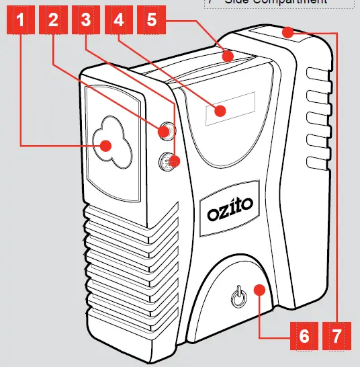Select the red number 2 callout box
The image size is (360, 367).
coord(53,21)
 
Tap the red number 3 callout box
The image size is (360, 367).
coord(85,21)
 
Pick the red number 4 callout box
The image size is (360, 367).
coord(119,21)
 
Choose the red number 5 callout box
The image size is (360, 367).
coord(152,21)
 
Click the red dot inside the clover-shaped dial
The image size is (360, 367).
coord(105,145)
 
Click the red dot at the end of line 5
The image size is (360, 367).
coord(229,56)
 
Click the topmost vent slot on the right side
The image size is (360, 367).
coord(313,73)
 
